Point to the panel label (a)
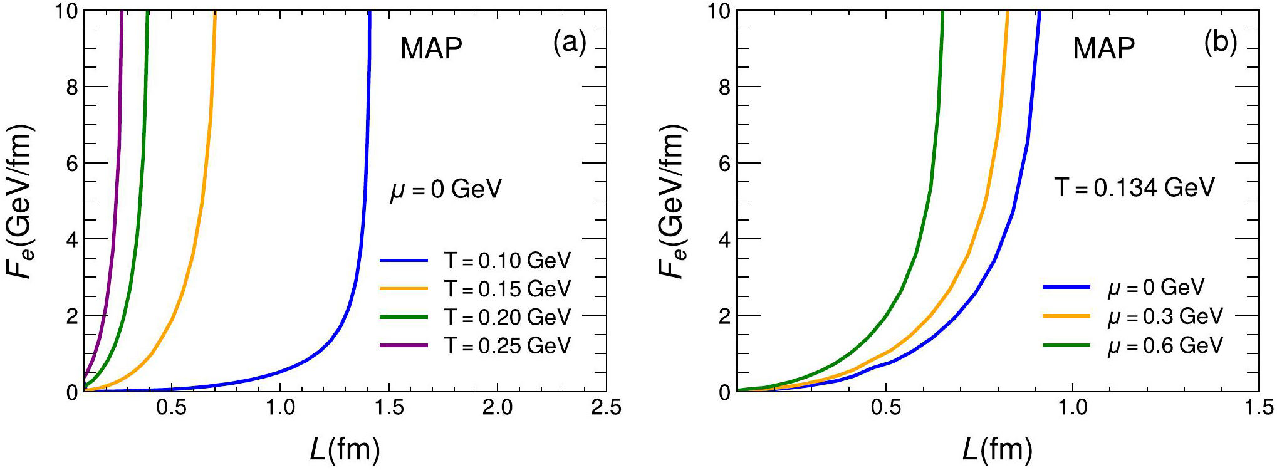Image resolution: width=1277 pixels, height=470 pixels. pos(570,43)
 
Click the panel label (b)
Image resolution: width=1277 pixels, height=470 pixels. pos(1220,43)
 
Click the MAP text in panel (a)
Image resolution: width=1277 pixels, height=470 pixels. pos(431,48)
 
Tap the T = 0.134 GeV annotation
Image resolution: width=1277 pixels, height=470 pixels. pos(1135,187)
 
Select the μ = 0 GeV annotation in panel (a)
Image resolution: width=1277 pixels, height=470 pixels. pos(446,189)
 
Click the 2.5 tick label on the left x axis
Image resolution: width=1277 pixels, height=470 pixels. pos(606,408)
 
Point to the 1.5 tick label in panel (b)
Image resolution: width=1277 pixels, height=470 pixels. pos(1258,408)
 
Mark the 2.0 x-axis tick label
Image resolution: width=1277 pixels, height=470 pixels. pos(498,408)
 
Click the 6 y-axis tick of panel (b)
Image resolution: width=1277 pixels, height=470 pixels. pos(724,163)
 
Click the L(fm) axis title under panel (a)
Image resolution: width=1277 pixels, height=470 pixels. pos(345,449)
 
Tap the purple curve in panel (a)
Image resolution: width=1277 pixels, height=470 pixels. pos(113,251)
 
